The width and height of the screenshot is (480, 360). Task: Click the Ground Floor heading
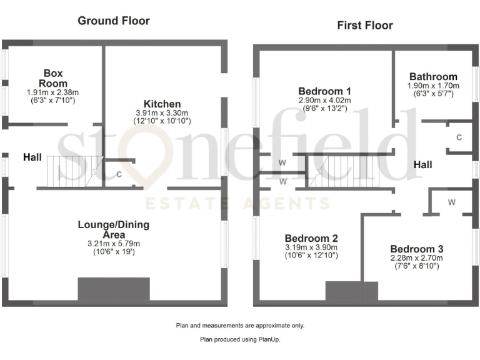(x=114, y=21)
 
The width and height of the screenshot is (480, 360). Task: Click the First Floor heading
(x=365, y=25)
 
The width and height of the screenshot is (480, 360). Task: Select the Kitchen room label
(x=162, y=104)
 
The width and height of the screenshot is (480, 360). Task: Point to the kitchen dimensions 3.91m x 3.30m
(x=162, y=113)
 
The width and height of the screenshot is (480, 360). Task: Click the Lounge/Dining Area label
(x=114, y=229)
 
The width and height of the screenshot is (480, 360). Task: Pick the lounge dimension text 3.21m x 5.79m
(x=114, y=244)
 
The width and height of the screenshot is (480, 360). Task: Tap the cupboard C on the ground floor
(x=119, y=174)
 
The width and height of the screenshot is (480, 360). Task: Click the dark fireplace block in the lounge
(x=114, y=289)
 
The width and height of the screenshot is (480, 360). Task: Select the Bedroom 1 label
(x=324, y=89)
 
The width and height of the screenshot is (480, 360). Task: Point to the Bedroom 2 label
(x=311, y=238)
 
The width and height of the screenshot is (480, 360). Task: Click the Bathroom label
(x=433, y=77)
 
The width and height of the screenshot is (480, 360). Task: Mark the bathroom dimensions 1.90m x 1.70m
(x=433, y=86)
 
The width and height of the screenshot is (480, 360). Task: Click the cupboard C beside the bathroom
(x=459, y=137)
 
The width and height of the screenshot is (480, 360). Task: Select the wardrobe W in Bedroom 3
(x=451, y=202)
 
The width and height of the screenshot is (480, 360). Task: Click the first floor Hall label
(x=422, y=165)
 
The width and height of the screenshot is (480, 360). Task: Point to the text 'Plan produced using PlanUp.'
(x=240, y=340)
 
